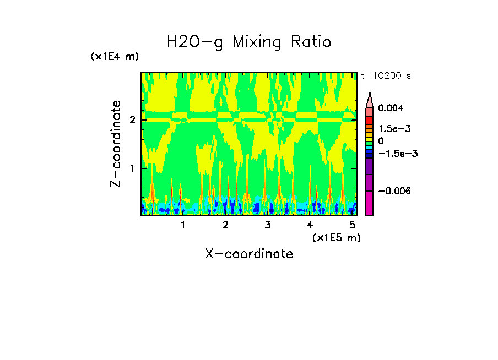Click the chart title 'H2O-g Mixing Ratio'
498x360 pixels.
tap(249, 42)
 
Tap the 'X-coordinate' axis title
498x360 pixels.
tap(249, 254)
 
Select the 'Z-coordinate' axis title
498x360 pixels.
tap(116, 144)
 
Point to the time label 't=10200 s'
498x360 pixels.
tap(386, 75)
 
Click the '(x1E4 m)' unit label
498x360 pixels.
tap(115, 57)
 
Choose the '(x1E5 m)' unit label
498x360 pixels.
tap(336, 237)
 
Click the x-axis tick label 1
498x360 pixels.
tap(183, 225)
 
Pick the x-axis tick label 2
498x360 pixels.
tap(225, 225)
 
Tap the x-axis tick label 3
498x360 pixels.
tap(268, 225)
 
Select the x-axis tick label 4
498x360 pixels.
tap(310, 225)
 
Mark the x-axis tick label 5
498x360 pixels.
tap(352, 225)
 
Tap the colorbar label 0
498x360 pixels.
tap(381, 141)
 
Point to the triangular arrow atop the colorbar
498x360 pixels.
tap(370, 100)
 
